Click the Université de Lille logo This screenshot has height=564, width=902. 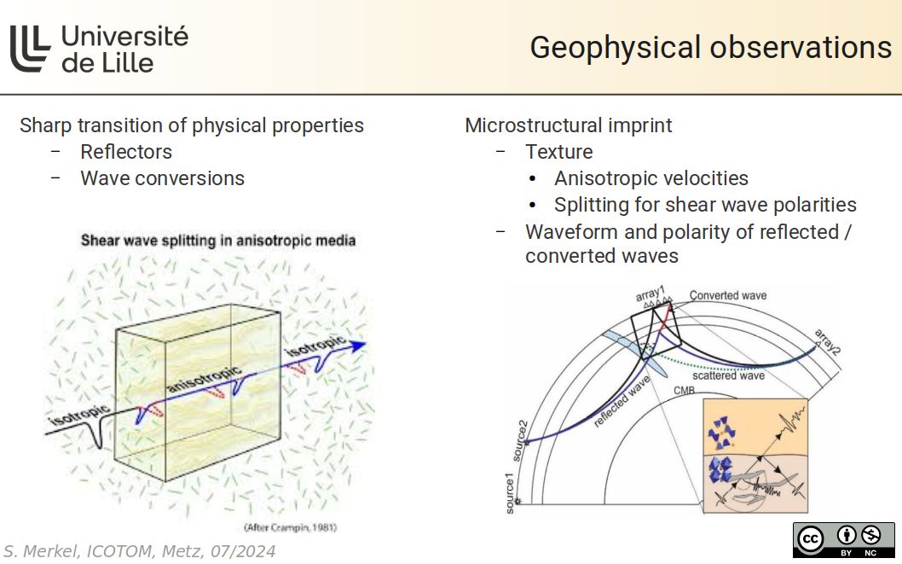pos(98,48)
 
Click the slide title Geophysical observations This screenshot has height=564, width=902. pos(710,48)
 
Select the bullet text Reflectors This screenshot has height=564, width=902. pos(126,152)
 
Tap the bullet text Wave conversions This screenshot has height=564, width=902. pos(162,178)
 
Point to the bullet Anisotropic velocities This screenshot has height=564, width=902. pos(650,178)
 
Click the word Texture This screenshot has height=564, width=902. pos(558,152)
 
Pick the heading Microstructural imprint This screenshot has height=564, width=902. pos(568,125)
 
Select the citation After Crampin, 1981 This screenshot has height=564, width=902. pos(290,527)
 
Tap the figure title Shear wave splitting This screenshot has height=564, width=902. pos(217,241)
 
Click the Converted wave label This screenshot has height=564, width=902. pos(727,296)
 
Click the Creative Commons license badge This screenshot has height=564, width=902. pos(843,539)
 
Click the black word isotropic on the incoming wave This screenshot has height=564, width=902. pos(79,417)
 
